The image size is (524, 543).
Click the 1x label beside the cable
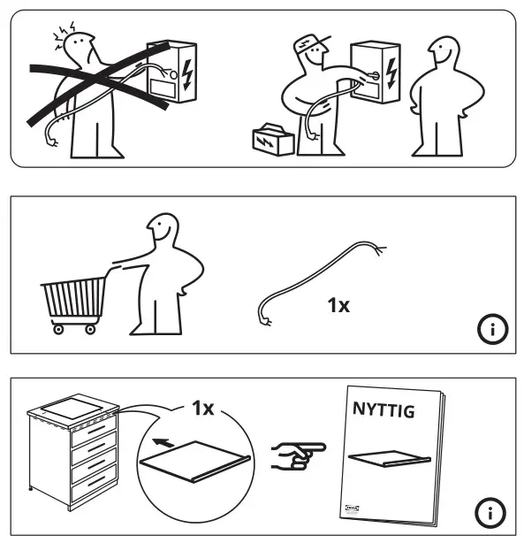(338, 306)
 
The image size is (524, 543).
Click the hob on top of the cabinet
(73, 409)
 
